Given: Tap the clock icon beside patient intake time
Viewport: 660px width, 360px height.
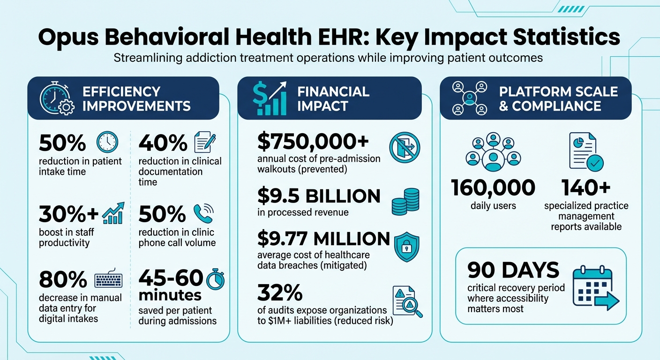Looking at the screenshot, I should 107,142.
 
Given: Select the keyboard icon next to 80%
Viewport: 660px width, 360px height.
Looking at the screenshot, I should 108,280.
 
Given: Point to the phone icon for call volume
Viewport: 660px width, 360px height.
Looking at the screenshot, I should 203,213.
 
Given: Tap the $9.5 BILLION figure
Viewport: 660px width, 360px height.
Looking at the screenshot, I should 319,196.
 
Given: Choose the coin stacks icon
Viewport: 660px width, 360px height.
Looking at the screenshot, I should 405,201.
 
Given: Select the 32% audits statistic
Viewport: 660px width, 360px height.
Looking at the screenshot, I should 280,293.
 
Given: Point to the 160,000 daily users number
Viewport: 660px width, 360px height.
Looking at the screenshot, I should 493,188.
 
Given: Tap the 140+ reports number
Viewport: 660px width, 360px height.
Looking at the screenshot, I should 586,188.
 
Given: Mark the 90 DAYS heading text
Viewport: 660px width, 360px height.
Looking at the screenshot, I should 513,270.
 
